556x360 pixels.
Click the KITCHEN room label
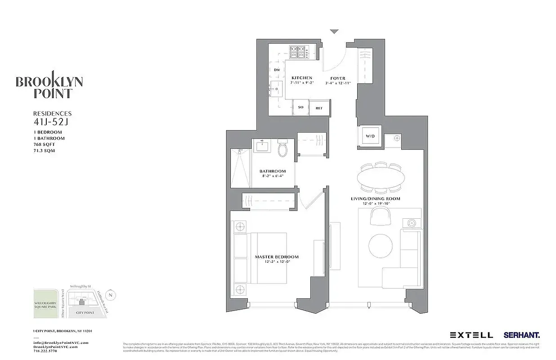301,78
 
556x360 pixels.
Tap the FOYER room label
338,78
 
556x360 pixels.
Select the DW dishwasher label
277,70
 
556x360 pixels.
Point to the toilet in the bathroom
283,149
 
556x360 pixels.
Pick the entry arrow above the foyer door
334,31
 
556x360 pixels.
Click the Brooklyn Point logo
49,85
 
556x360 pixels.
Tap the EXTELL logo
471,335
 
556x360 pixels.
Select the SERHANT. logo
522,335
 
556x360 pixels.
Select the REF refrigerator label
319,108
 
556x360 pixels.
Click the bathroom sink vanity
260,147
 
